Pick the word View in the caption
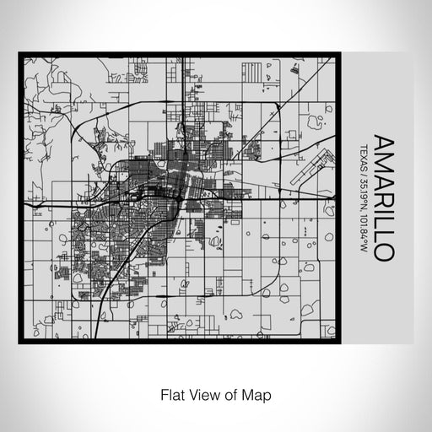(x=200, y=394)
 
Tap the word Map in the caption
(x=258, y=394)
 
